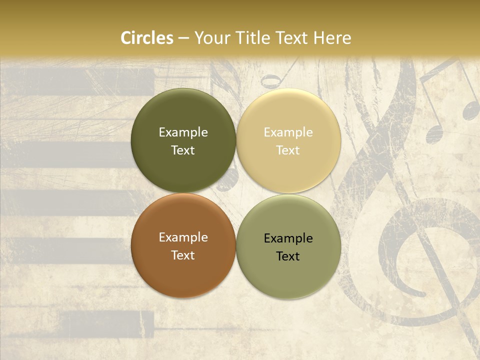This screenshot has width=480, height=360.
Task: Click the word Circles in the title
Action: pyautogui.click(x=147, y=38)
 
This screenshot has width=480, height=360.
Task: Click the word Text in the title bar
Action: pyautogui.click(x=292, y=38)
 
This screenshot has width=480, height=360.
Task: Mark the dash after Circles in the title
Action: pyautogui.click(x=183, y=38)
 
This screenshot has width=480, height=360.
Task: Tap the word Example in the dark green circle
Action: pyautogui.click(x=183, y=132)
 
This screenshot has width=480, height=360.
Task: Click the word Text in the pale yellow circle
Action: pyautogui.click(x=288, y=150)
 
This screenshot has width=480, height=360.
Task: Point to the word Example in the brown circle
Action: pyautogui.click(x=183, y=237)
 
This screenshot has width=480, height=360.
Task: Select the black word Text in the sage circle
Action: pyautogui.click(x=288, y=256)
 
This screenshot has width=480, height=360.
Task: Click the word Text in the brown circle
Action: pyautogui.click(x=183, y=255)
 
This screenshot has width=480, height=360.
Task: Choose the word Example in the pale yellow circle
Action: pyautogui.click(x=288, y=132)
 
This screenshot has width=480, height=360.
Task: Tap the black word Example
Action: pyautogui.click(x=288, y=238)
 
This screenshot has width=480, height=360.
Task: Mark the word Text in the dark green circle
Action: pyautogui.click(x=183, y=150)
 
